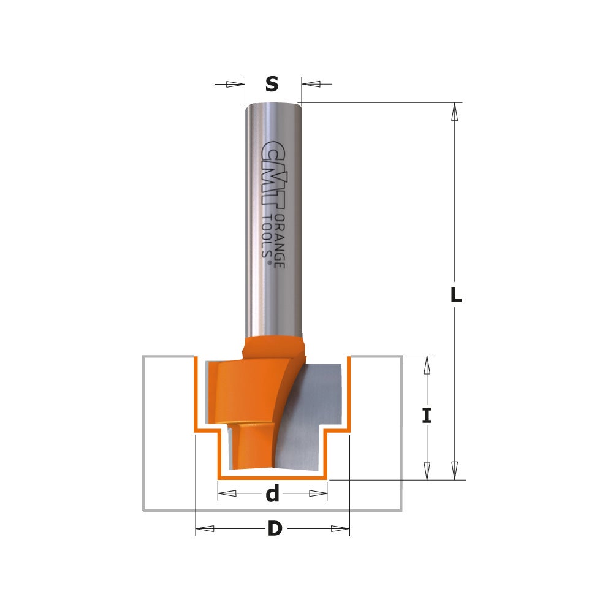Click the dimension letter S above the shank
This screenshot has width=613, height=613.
272,83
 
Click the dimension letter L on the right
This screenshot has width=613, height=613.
455,295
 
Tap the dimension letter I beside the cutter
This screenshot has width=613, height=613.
427,417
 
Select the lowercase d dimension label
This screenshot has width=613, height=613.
272,493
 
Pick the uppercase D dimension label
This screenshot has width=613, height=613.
274,528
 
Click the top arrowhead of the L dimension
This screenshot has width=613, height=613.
454,112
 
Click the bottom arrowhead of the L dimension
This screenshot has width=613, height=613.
454,470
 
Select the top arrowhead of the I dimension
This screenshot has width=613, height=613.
427,366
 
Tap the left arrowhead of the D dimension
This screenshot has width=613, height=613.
205,529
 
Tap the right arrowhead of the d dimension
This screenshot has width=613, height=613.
318,493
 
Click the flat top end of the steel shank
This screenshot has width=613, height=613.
273,105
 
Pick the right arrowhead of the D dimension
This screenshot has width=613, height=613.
340,529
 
